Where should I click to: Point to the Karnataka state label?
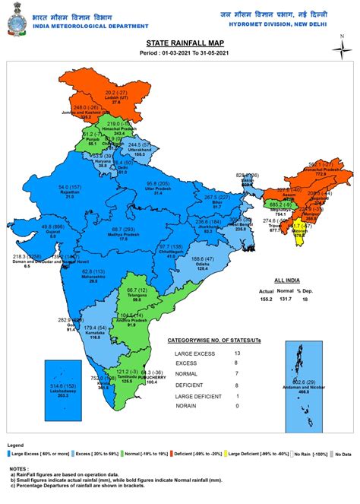pos(94,331)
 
